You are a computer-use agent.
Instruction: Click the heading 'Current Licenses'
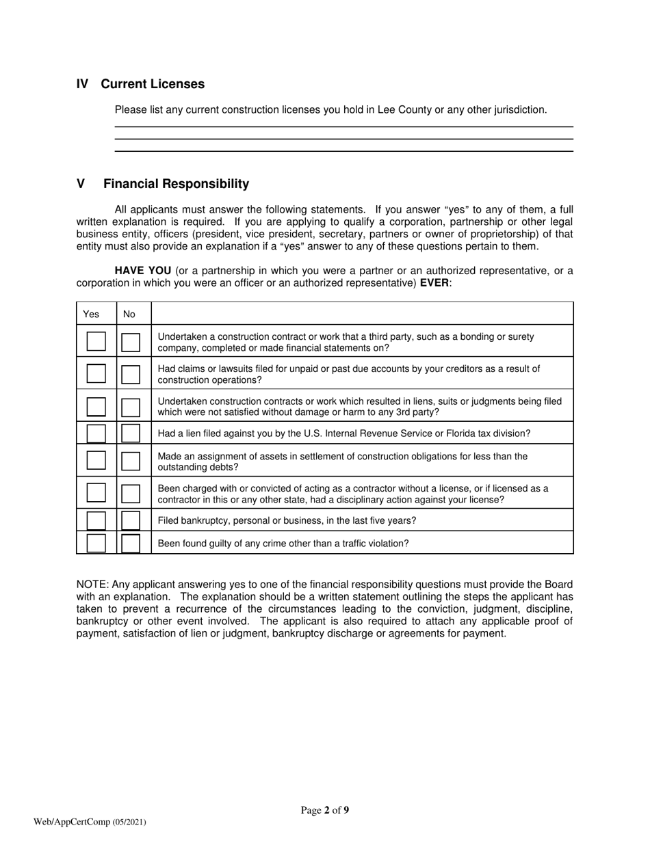152,84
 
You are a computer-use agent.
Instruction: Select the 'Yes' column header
91,315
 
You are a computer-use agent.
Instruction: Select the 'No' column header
129,315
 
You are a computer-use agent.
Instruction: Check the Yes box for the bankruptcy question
96,520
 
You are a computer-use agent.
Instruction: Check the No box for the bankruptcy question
131,520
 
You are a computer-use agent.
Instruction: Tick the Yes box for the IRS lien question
96,433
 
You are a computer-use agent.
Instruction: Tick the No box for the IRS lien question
131,433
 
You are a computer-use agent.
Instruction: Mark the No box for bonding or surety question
131,342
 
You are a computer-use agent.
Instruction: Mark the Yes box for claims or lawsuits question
96,373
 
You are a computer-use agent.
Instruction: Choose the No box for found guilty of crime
131,543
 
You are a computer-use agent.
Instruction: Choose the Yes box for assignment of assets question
96,460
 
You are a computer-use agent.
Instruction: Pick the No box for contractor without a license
131,493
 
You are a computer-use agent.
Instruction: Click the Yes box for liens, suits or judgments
96,406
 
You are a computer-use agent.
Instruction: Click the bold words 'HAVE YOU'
143,271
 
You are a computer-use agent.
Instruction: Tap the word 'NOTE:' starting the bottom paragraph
92,585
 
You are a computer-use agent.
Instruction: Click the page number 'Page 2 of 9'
325,811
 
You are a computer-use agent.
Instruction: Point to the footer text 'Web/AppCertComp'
72,822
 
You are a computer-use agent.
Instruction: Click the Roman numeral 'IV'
82,84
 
